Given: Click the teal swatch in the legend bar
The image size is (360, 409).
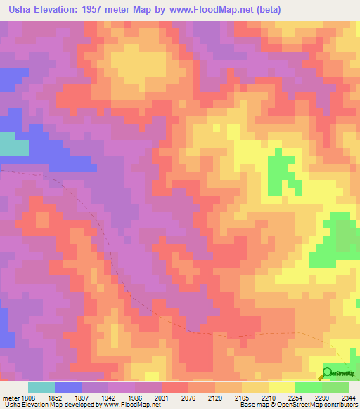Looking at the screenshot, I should point(41,387).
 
